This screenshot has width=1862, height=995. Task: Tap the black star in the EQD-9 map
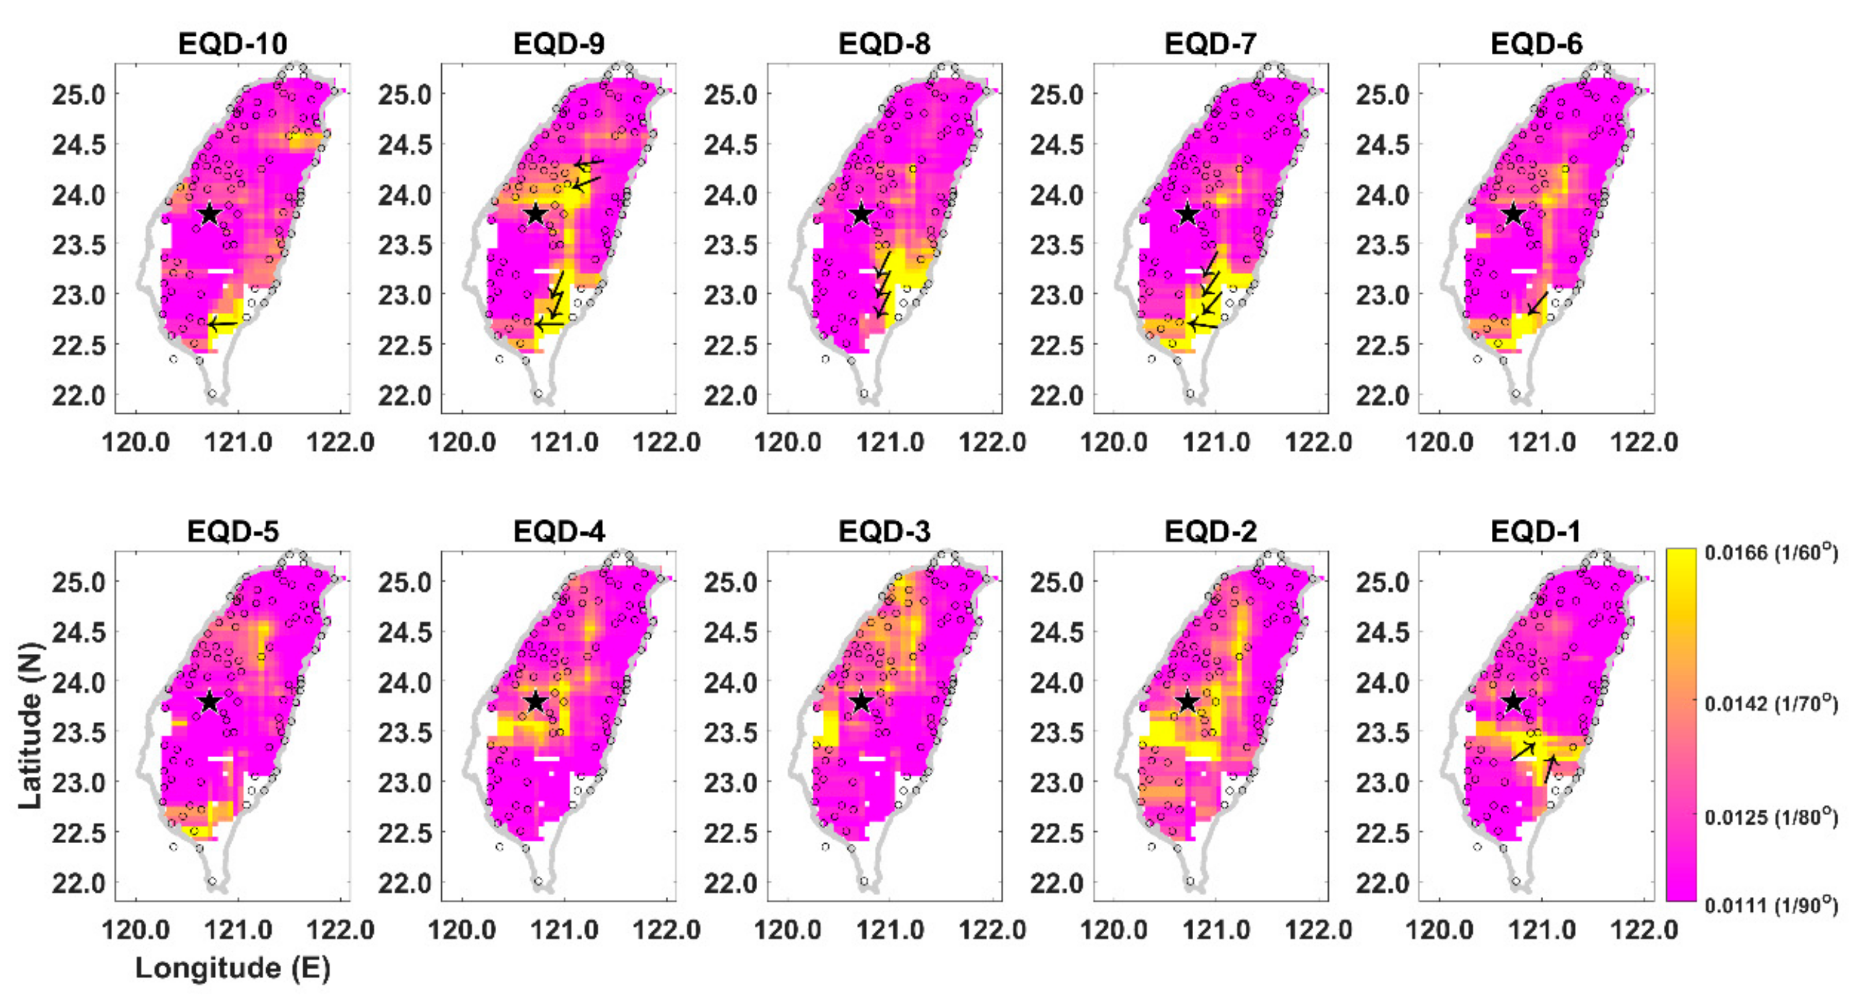(535, 215)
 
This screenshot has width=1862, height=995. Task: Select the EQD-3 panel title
(884, 532)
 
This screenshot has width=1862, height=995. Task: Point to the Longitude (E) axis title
(232, 968)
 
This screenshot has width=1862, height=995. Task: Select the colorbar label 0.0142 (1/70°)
(1770, 703)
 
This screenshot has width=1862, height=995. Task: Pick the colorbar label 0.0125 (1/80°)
(1770, 817)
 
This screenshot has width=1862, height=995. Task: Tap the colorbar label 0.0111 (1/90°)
(1770, 905)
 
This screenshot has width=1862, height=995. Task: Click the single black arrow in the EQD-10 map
(222, 324)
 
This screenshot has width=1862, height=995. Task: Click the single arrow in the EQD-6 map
(1537, 304)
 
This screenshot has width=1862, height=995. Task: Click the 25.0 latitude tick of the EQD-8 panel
(730, 95)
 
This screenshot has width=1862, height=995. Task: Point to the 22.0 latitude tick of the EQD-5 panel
(78, 883)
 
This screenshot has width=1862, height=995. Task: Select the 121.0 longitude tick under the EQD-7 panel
(1216, 442)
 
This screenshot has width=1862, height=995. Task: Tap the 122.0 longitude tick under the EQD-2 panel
(1318, 929)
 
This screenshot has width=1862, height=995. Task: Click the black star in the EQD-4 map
(535, 702)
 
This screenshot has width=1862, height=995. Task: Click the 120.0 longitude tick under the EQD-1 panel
(1439, 929)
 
